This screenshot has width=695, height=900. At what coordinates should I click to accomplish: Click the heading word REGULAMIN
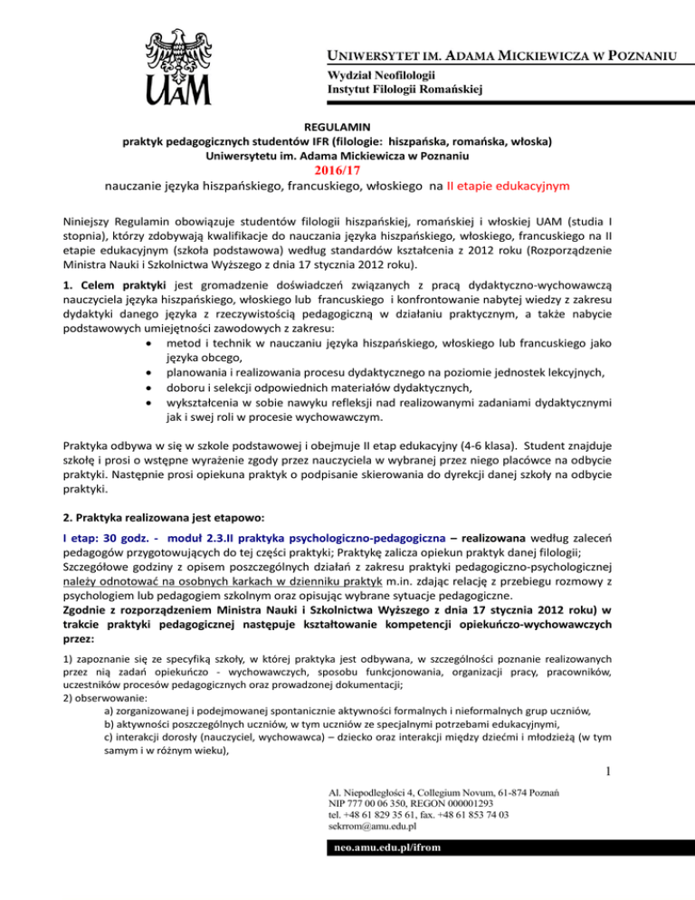[x=347, y=129]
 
